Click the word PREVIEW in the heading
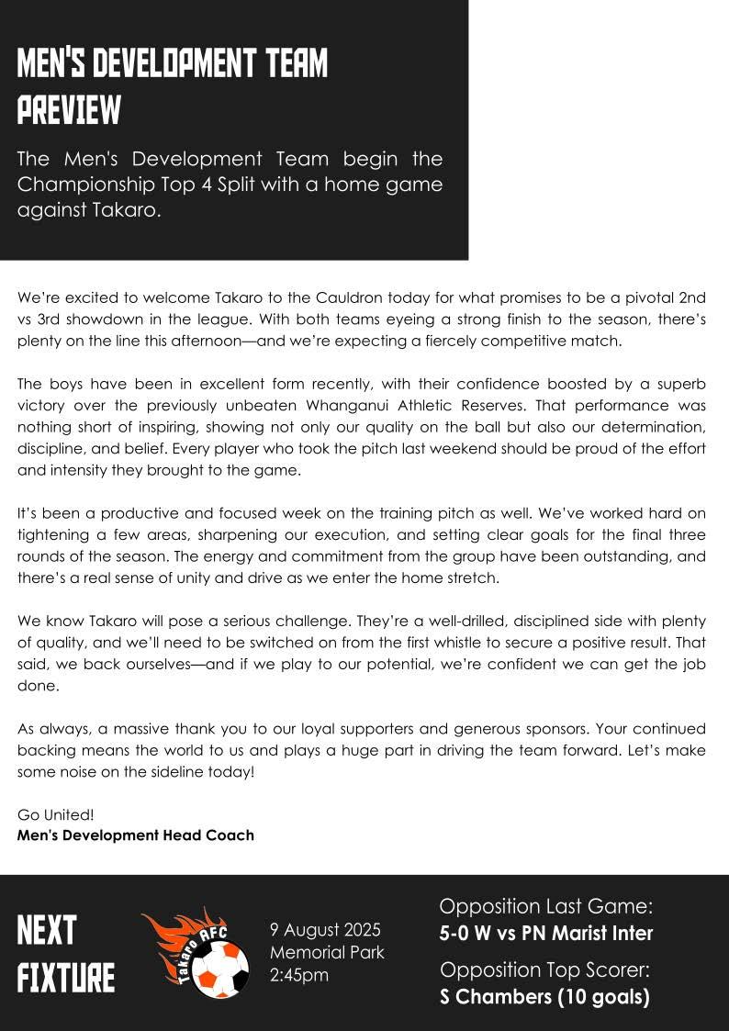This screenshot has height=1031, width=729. [69, 110]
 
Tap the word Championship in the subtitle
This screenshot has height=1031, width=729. [80, 185]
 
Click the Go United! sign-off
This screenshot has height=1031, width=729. [56, 814]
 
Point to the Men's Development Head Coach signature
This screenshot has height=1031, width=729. [136, 835]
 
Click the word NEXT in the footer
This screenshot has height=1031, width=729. [47, 931]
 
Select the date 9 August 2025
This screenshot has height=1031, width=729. [325, 930]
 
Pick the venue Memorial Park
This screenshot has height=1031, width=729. [327, 952]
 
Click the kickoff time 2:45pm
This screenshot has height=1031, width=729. [299, 975]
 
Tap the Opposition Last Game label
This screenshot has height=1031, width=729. [546, 907]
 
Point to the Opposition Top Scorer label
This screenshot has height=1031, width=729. [546, 970]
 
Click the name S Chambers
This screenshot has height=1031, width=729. [494, 997]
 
